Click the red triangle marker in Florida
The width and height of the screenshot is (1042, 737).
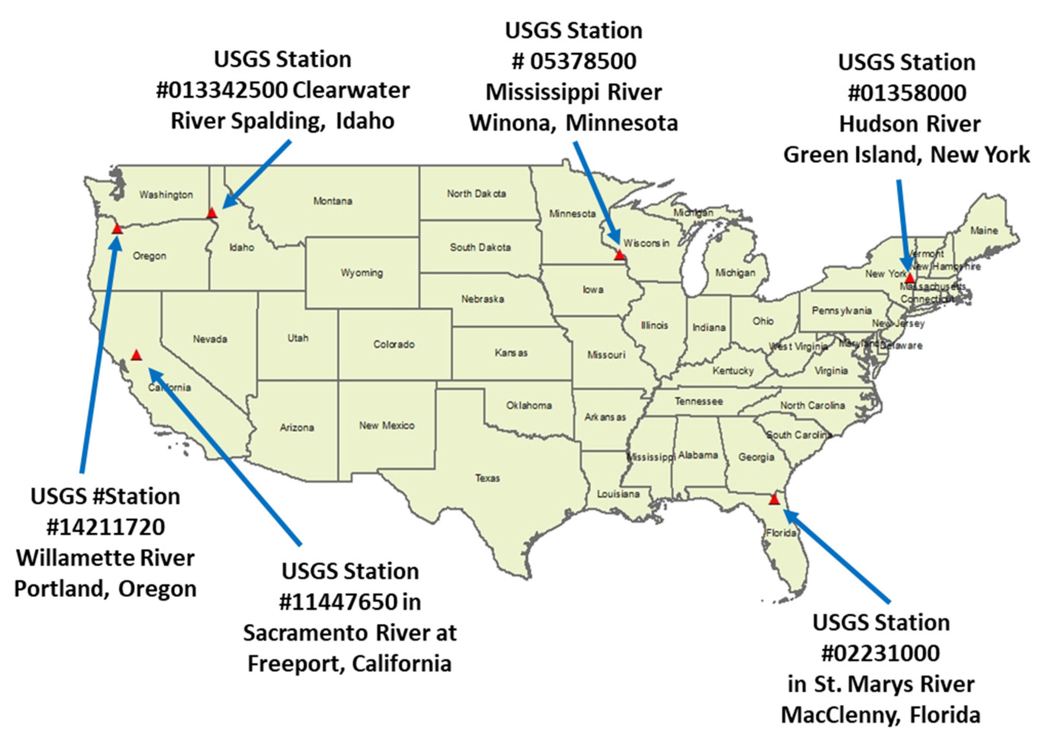pyautogui.click(x=774, y=500)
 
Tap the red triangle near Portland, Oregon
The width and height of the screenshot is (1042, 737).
pyautogui.click(x=117, y=228)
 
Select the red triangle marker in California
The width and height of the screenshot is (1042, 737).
pyautogui.click(x=136, y=355)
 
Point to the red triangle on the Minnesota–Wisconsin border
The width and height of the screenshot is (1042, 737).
pyautogui.click(x=619, y=254)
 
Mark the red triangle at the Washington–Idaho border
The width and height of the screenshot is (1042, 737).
pyautogui.click(x=212, y=213)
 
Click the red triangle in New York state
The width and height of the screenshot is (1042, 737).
pyautogui.click(x=910, y=277)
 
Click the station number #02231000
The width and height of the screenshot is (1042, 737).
pyautogui.click(x=880, y=653)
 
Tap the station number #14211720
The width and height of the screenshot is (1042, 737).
pyautogui.click(x=105, y=527)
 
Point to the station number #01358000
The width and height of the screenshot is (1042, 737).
pyautogui.click(x=907, y=93)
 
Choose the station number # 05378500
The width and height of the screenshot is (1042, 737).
pyautogui.click(x=574, y=61)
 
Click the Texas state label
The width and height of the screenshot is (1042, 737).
pyautogui.click(x=487, y=478)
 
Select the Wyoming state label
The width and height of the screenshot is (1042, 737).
pyautogui.click(x=362, y=273)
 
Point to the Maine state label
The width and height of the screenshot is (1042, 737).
pyautogui.click(x=984, y=231)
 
